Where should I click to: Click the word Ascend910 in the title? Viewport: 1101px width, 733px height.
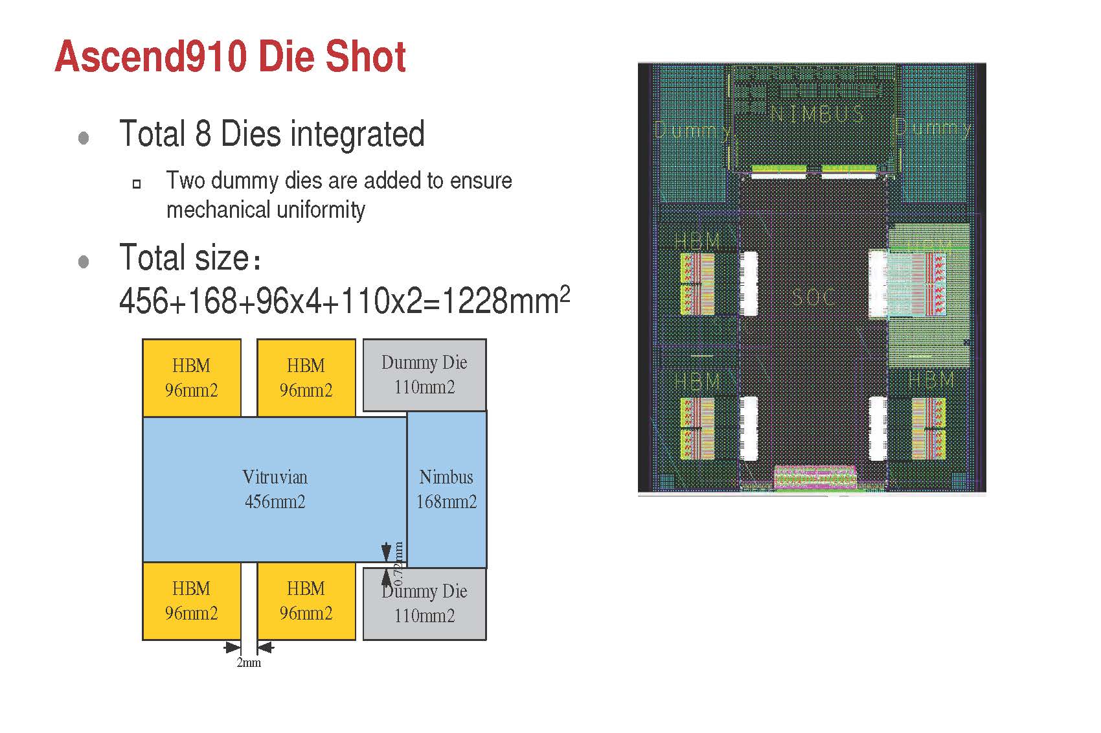click(151, 56)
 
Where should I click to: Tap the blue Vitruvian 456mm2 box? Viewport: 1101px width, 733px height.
click(275, 489)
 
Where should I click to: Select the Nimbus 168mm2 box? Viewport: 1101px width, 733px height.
click(447, 489)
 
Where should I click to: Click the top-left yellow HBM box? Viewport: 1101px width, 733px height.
click(192, 377)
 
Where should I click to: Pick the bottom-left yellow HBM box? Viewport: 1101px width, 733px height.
click(192, 601)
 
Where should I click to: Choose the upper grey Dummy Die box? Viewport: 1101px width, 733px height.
click(424, 375)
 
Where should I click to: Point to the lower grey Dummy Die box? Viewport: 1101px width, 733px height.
click(424, 604)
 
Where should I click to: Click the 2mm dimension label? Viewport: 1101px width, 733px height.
click(249, 662)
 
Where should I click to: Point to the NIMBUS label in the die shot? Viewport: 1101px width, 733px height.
click(817, 115)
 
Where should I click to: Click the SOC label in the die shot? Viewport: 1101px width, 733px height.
click(813, 297)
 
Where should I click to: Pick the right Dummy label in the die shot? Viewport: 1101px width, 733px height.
click(933, 128)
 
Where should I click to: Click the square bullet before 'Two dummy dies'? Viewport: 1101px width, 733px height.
click(137, 183)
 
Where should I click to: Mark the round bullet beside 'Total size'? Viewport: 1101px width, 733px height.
click(84, 261)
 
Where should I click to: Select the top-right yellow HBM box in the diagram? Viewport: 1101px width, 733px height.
click(306, 377)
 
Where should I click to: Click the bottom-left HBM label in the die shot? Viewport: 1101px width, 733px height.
click(697, 381)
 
